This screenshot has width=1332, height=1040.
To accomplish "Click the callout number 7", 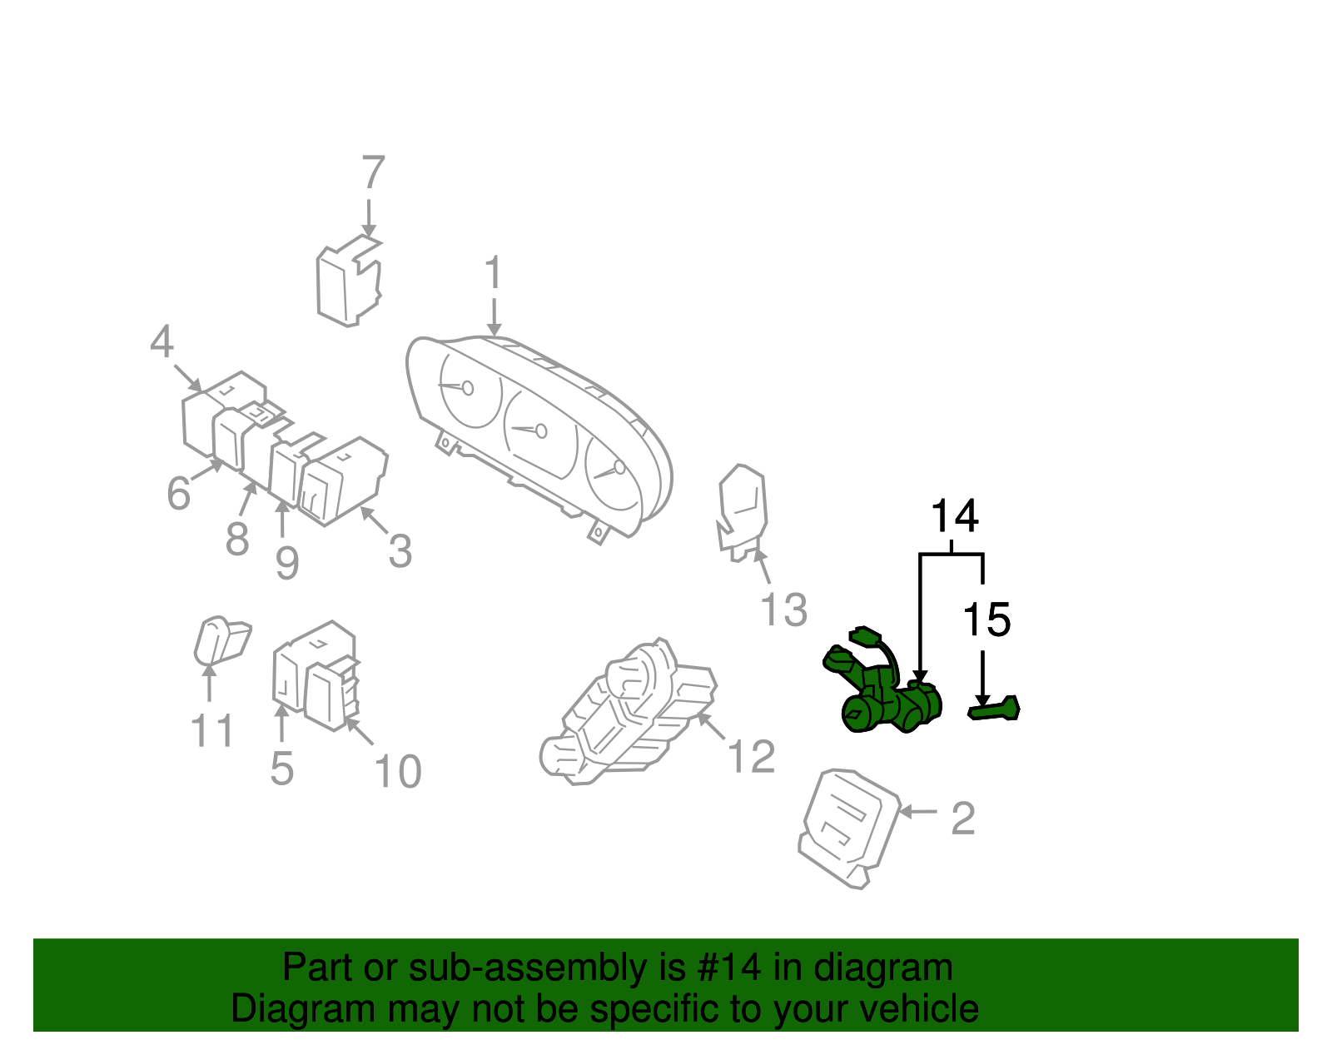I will coord(373,173).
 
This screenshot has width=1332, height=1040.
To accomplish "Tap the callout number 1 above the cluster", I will coord(494,273).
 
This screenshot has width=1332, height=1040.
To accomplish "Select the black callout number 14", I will coord(954,516).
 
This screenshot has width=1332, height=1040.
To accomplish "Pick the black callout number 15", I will coord(986,620).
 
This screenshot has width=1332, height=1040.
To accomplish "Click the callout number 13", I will coord(783,610).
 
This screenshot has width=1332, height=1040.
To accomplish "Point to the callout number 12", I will coord(751,757).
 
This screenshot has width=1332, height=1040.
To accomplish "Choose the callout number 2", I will coord(962,819).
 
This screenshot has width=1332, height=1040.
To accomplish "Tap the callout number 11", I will coord(212,731).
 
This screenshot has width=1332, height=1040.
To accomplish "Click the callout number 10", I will coord(398,772).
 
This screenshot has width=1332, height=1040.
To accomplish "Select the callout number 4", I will coord(162,342).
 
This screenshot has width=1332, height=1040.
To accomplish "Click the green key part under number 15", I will coord(994,709).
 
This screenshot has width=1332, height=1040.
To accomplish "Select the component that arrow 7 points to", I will coord(348,283).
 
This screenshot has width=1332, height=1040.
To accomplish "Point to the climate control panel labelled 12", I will coord(628,714).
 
